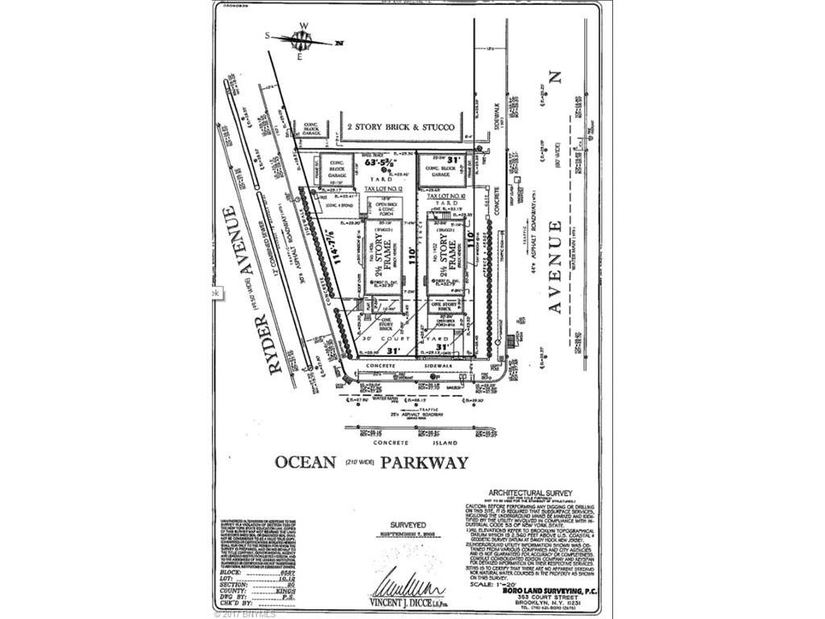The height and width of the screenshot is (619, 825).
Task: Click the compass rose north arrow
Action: [302, 40]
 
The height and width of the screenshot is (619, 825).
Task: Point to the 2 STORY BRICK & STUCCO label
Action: [400, 127]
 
